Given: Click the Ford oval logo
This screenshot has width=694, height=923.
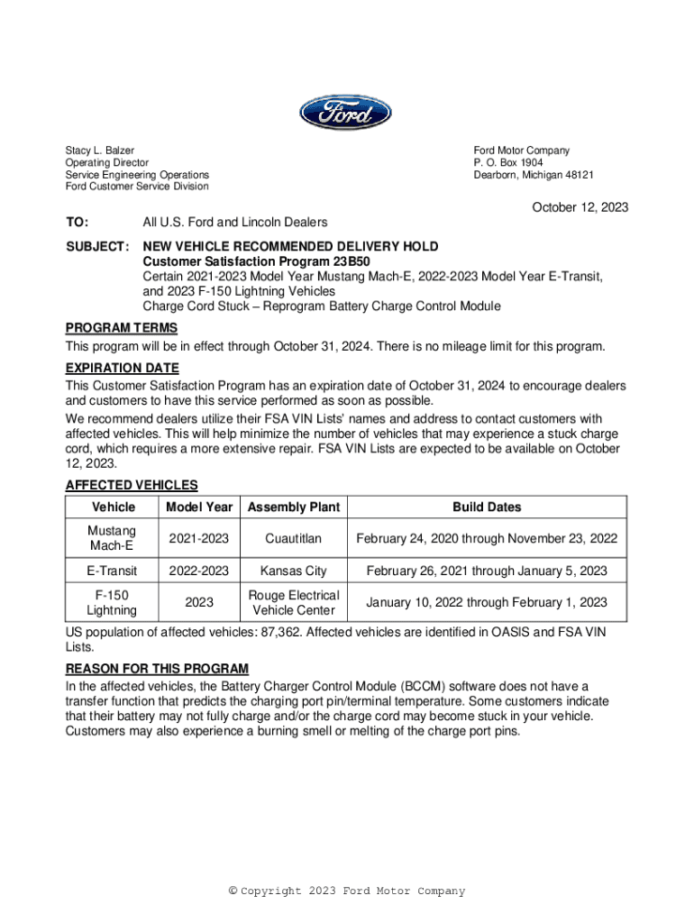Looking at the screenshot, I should [x=346, y=114].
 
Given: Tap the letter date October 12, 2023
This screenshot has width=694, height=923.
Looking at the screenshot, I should [x=580, y=207].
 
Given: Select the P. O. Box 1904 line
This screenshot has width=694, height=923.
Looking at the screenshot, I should [x=508, y=163].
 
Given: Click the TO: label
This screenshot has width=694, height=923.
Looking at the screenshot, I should [x=78, y=222].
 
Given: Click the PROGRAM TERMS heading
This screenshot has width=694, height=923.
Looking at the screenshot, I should [x=122, y=328].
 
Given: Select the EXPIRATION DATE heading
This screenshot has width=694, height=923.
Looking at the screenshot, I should [x=123, y=369].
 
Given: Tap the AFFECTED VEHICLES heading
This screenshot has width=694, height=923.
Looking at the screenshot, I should [x=132, y=485].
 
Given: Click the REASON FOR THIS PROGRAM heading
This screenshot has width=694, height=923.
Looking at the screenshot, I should [x=157, y=669].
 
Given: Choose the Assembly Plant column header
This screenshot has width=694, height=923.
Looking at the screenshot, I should [x=294, y=507].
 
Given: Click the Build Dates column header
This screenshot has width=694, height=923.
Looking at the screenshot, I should [x=487, y=507].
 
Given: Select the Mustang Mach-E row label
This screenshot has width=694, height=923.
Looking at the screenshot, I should [x=113, y=539].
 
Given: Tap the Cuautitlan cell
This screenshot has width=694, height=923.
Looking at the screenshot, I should [x=294, y=539].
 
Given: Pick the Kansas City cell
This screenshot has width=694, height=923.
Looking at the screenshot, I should [x=294, y=571].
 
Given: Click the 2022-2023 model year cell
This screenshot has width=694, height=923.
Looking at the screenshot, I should [x=199, y=571].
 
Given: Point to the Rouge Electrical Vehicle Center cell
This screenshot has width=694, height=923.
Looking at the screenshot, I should [x=294, y=603].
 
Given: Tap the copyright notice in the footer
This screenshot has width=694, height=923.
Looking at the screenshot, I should [x=347, y=891].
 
